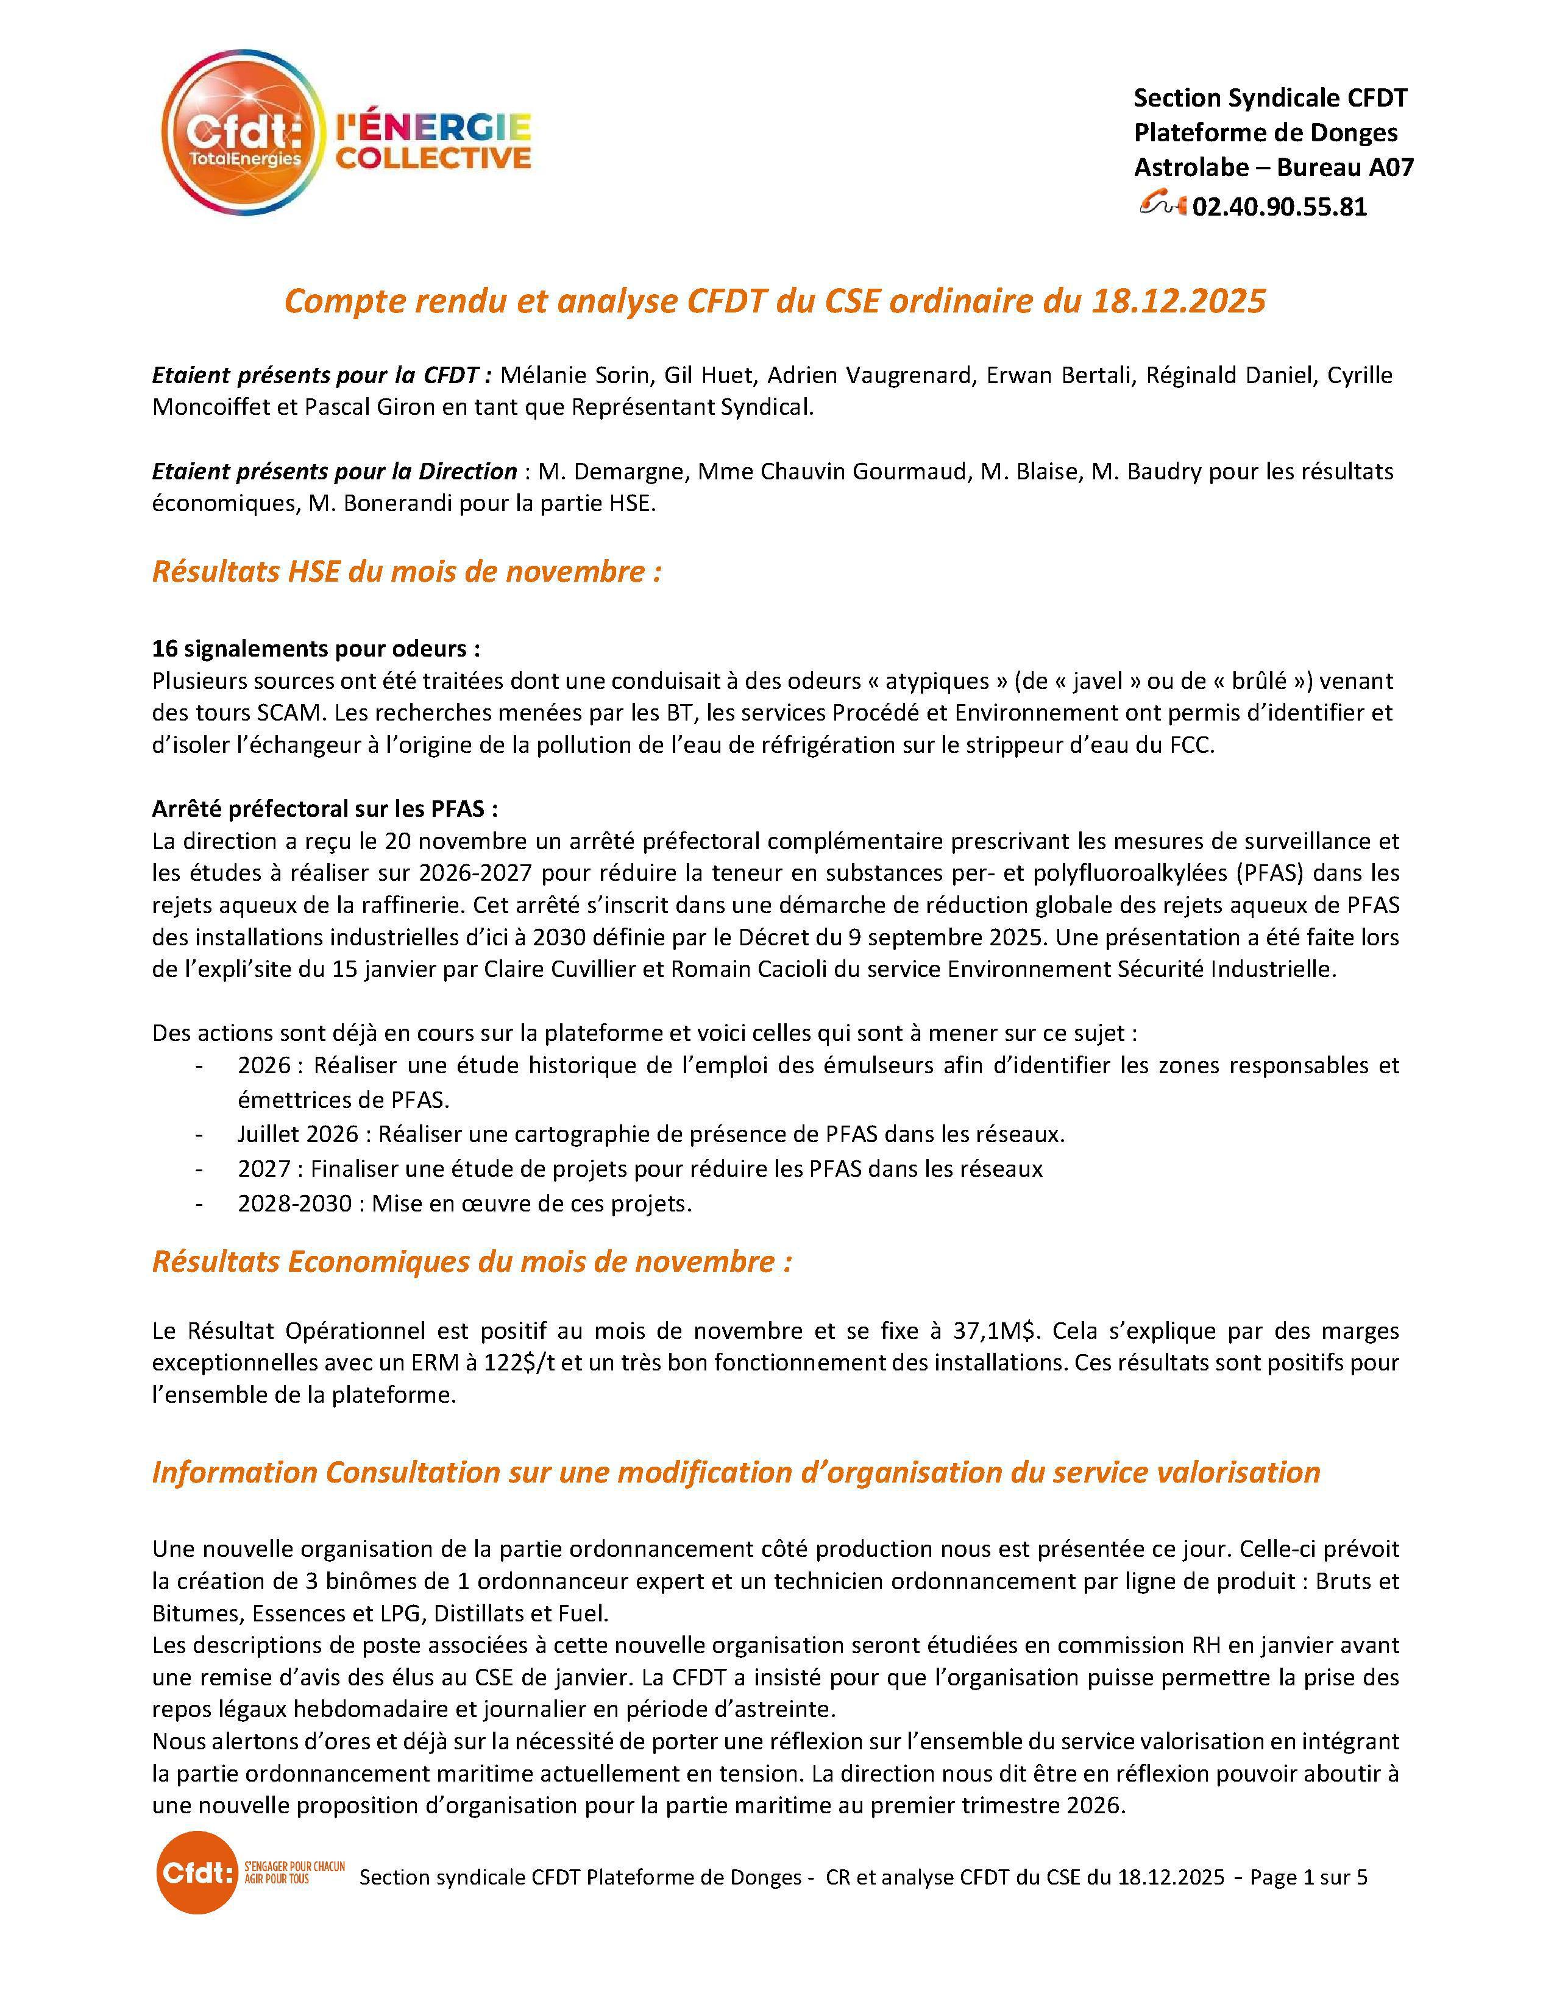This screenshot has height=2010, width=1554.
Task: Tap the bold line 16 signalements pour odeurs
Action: [x=316, y=649]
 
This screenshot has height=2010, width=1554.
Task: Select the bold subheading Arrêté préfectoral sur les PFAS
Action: [x=325, y=809]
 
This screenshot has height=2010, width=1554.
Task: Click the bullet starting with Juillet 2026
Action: [x=650, y=1134]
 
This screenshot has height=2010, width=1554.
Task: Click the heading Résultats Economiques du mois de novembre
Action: [x=471, y=1262]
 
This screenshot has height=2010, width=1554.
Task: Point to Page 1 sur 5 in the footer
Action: [x=1308, y=1877]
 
